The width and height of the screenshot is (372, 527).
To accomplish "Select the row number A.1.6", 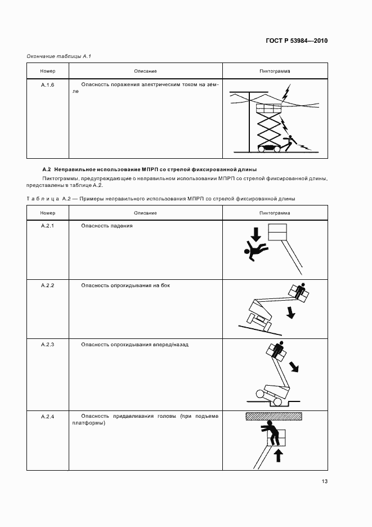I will tap(47, 85).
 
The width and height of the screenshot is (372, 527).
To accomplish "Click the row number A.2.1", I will tap(47, 225).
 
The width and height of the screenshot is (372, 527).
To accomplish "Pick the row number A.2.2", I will tap(47, 285).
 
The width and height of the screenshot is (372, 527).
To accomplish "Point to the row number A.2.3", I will tap(47, 345).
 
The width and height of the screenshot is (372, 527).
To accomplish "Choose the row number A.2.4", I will tap(47, 417).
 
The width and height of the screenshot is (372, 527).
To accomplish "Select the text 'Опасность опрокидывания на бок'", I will tap(125, 285).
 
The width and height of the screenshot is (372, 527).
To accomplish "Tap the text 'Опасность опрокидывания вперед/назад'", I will tap(135, 345).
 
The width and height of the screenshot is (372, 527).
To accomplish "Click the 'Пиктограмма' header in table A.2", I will tap(275, 213).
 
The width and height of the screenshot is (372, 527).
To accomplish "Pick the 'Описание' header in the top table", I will tap(145, 72).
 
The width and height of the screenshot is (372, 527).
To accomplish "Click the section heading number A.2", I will tap(47, 169).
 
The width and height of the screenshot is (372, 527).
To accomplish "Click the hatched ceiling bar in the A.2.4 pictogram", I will tap(274, 417).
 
